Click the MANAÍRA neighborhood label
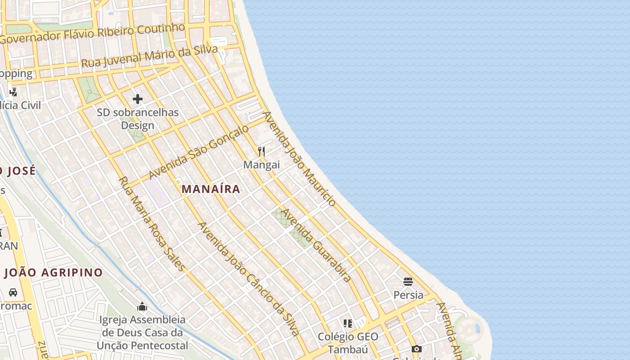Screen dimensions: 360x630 (211, 189)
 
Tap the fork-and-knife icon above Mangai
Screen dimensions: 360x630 (261, 151)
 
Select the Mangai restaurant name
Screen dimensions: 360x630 (261, 165)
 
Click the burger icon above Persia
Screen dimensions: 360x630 (408, 282)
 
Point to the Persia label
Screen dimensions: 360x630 (408, 295)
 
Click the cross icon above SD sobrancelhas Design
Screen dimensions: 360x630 (138, 99)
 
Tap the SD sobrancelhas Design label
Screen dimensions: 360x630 (138, 119)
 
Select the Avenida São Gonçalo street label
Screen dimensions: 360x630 (198, 152)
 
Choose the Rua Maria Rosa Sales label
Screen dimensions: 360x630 (152, 224)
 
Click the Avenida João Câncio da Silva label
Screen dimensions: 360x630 (248, 279)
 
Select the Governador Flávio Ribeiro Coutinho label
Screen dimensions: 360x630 (92, 34)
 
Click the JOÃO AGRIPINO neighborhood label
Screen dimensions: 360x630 (54, 273)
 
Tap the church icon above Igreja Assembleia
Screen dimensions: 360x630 (142, 307)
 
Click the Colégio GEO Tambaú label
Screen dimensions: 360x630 (348, 343)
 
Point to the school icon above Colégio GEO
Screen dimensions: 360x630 (348, 323)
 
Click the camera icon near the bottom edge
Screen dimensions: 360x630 (417, 349)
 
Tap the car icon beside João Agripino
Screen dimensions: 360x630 (13, 292)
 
